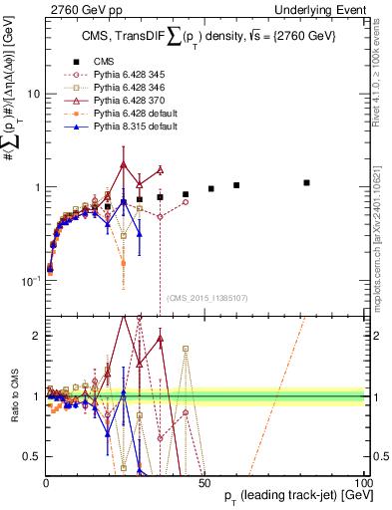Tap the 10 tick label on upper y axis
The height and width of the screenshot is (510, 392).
[x=33, y=94]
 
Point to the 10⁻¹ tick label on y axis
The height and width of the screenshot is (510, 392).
[x=30, y=281]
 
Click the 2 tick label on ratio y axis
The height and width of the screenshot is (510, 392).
[x=36, y=336]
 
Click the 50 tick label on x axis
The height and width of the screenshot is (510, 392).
[x=204, y=482]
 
